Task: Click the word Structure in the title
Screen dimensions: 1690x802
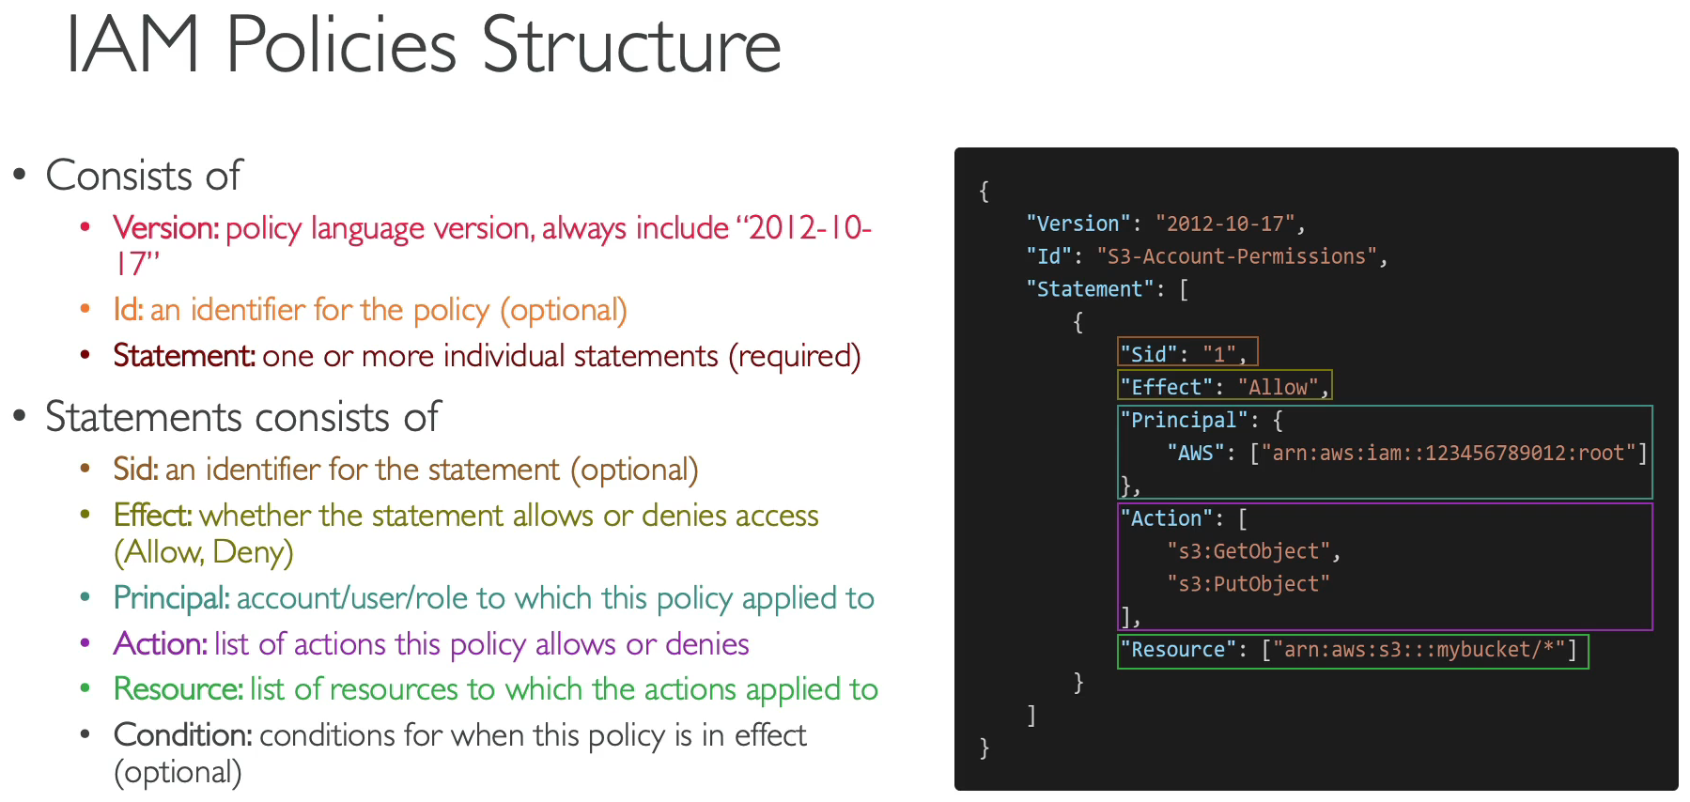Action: pos(631,44)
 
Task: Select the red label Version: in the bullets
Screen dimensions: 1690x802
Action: pos(166,227)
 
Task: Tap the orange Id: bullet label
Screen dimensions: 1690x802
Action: pos(128,309)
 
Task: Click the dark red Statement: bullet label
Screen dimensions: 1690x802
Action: pos(184,355)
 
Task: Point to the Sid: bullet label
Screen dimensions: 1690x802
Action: pos(135,469)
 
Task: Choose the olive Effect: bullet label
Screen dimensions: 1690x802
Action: pos(152,515)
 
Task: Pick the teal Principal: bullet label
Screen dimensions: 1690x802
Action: pos(171,598)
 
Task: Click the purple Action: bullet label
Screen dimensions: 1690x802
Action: pos(160,643)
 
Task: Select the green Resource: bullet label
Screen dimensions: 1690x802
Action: pos(178,688)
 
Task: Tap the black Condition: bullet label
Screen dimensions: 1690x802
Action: pos(182,734)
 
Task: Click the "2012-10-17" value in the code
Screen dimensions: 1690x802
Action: pos(1225,224)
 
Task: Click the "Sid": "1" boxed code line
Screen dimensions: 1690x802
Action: pos(1187,352)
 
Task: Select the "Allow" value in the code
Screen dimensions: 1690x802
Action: pos(1278,387)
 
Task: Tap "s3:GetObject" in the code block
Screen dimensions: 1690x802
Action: pos(1248,551)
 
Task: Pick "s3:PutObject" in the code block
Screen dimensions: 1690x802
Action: pos(1248,584)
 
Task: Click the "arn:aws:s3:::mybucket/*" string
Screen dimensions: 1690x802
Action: pos(1419,650)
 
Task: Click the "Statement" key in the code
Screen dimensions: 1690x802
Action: pos(1090,289)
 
